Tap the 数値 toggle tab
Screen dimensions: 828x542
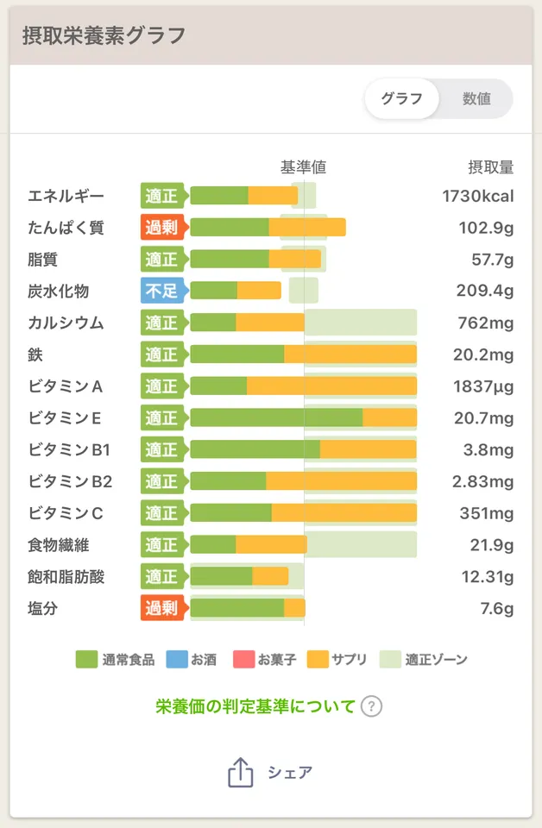tap(476, 98)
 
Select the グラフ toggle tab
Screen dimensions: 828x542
tap(402, 98)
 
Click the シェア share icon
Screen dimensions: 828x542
tap(241, 772)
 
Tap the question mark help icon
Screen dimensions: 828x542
tap(371, 706)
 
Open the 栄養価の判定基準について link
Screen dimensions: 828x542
tap(255, 706)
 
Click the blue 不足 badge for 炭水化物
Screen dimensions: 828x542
tap(162, 291)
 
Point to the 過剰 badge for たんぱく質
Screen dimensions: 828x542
tap(162, 227)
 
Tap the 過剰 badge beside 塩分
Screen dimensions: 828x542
tap(162, 609)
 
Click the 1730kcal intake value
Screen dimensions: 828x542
tap(477, 196)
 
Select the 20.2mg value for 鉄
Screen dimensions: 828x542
tap(484, 354)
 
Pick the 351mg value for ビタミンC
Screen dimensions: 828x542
tap(487, 513)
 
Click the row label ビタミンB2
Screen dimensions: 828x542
tap(70, 481)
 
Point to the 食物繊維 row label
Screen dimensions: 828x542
tap(58, 545)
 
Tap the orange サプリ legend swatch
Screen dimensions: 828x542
tap(318, 660)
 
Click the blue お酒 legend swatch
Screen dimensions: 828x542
tap(174, 660)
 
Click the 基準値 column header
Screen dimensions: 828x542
tap(303, 166)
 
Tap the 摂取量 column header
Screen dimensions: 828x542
tap(490, 166)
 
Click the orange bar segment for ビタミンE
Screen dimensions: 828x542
tap(389, 417)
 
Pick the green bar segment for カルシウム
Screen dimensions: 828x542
tap(212, 323)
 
